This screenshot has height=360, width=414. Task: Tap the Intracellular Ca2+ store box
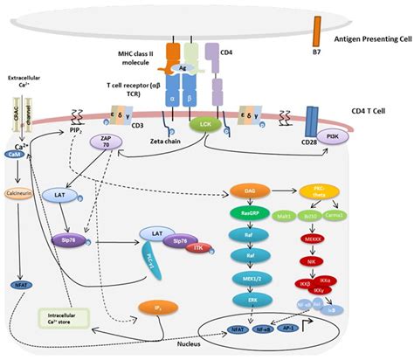(x=62, y=321)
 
